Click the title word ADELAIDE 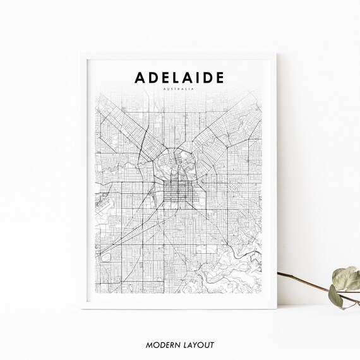tap(179, 77)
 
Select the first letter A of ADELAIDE tap(139, 77)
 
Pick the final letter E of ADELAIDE tap(219, 77)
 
